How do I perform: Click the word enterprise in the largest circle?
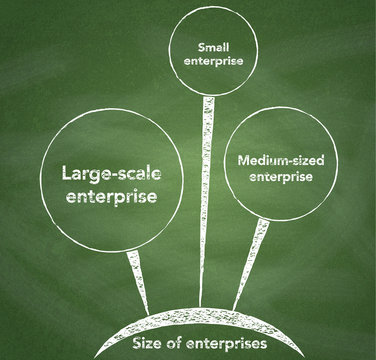coord(111,197)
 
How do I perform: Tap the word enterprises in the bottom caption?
coord(233,344)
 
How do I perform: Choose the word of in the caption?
coord(180,344)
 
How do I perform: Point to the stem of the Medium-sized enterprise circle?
coord(249,265)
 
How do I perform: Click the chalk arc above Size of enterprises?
coord(190,322)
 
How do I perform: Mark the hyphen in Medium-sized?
coord(281,160)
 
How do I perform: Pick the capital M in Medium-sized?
coord(245,160)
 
